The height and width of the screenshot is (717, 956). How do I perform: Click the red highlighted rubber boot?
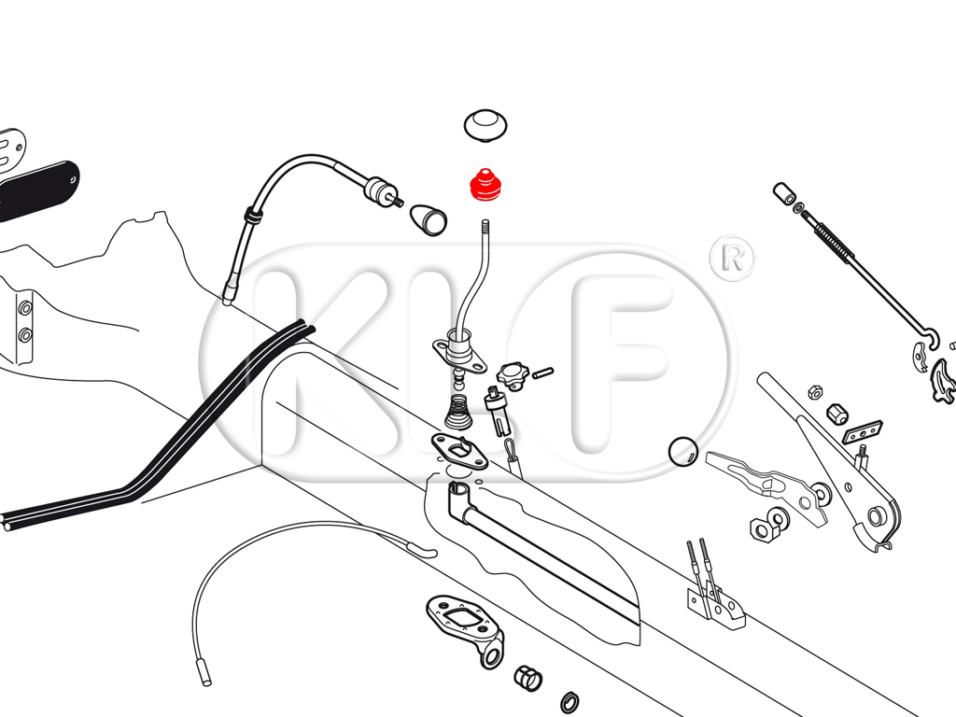point(485,185)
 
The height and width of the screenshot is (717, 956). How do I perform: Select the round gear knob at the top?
point(485,126)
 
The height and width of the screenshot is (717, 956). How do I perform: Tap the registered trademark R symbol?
point(732,259)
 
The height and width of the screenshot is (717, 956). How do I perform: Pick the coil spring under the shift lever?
point(459,412)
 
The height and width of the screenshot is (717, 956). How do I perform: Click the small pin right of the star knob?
point(542,372)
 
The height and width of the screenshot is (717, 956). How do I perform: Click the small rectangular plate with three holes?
point(862,431)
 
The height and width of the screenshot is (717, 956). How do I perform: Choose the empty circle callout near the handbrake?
point(682,452)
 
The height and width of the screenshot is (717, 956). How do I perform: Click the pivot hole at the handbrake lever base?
point(876,517)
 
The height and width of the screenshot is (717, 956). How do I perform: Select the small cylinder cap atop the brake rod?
point(784,194)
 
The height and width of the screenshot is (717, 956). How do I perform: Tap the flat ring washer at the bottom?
point(569,702)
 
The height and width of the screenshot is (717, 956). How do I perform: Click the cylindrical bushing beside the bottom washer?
point(528,678)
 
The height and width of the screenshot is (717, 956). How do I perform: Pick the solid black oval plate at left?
point(37,190)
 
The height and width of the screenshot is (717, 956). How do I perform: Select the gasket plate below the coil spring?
point(459,451)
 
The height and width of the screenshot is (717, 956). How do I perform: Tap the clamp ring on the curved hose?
point(252,215)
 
